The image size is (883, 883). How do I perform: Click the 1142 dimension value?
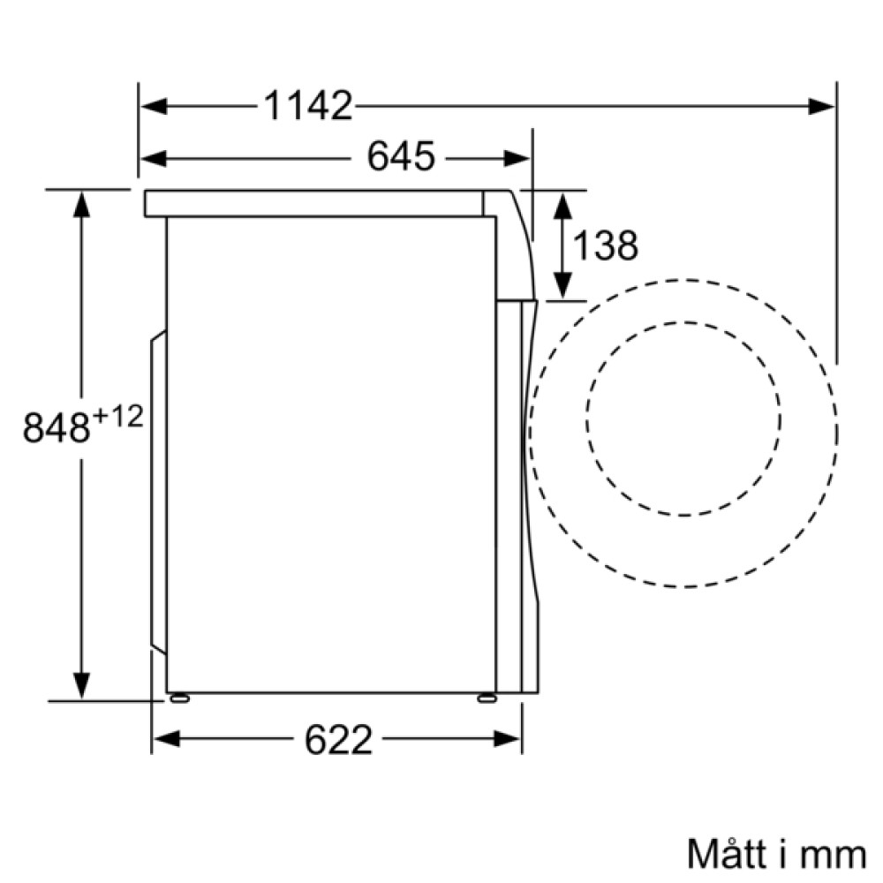pyautogui.click(x=308, y=107)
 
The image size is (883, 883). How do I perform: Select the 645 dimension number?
pyautogui.click(x=402, y=158)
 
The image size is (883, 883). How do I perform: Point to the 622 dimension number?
pyautogui.click(x=339, y=740)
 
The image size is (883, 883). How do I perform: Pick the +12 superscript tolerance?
pyautogui.click(x=118, y=417)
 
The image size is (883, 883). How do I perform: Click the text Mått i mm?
pyautogui.click(x=776, y=854)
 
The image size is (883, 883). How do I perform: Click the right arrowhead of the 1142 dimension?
pyautogui.click(x=823, y=107)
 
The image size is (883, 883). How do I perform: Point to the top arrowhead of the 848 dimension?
pyautogui.click(x=81, y=204)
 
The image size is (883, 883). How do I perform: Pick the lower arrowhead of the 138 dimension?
pyautogui.click(x=562, y=286)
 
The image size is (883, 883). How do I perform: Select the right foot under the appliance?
pyautogui.click(x=486, y=698)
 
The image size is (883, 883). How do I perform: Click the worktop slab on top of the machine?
pyautogui.click(x=313, y=204)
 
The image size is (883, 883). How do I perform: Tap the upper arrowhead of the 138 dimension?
pyautogui.click(x=562, y=205)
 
